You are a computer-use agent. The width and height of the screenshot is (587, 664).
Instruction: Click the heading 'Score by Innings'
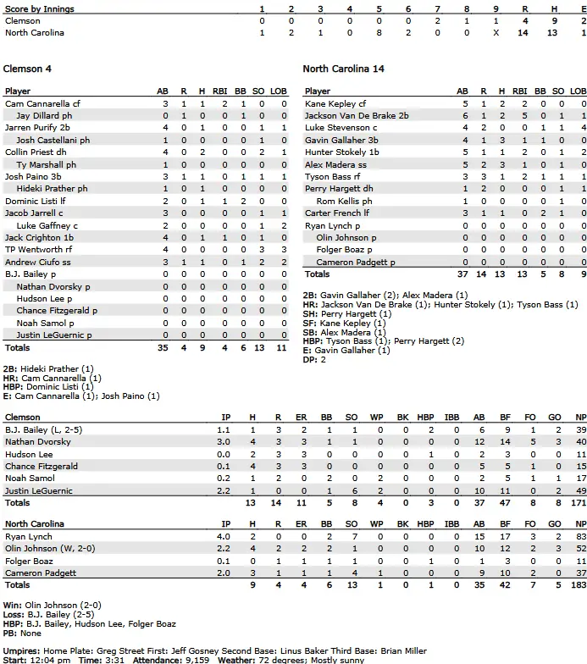[39, 9]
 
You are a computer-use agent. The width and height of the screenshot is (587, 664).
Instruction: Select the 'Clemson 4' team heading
[28, 69]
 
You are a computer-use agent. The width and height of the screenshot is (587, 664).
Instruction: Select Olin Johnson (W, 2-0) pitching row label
[47, 549]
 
